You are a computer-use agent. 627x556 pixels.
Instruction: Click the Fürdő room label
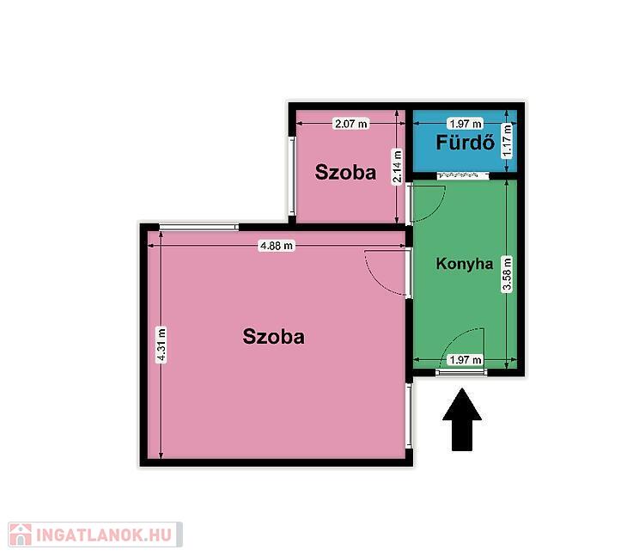(x=465, y=143)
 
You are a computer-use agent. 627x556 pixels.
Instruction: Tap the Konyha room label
(x=465, y=264)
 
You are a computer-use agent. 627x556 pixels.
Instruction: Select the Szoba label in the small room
(x=345, y=173)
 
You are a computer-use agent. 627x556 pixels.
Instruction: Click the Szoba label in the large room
(x=273, y=336)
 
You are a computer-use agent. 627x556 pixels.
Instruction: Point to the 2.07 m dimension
(x=351, y=124)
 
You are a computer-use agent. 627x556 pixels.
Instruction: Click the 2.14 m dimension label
(x=397, y=166)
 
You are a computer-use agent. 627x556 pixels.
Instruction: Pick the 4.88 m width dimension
(x=277, y=245)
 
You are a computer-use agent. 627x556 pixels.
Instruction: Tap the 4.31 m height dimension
(x=161, y=345)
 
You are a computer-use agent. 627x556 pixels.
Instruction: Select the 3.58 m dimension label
(x=507, y=274)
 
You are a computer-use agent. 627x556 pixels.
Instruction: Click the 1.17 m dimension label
(x=507, y=141)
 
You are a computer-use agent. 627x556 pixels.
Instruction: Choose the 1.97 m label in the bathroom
(x=466, y=124)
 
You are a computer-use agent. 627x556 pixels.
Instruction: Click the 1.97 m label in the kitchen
(x=466, y=360)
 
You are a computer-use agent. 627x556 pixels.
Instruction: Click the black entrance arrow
(x=462, y=419)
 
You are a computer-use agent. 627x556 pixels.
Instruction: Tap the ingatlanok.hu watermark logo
(x=95, y=535)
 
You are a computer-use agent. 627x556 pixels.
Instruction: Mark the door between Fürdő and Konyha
(x=463, y=175)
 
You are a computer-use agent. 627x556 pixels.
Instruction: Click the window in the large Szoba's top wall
(x=198, y=227)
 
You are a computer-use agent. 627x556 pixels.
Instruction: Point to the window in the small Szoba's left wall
(x=292, y=176)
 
